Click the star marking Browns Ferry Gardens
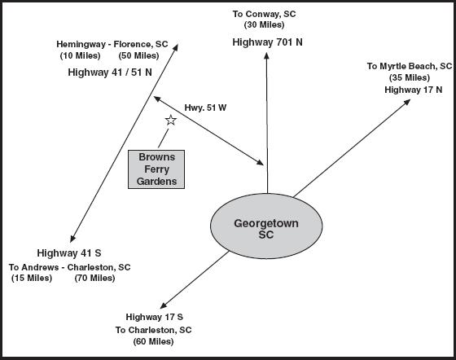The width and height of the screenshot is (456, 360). (x=171, y=120)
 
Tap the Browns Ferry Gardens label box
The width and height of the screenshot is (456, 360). (x=156, y=169)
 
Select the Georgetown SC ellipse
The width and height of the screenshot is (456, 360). (x=266, y=226)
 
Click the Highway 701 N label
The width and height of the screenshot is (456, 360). (x=267, y=42)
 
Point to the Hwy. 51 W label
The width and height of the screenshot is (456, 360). (x=205, y=108)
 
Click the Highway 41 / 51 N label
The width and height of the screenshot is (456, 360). (x=110, y=72)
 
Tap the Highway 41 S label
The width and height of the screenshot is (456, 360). (x=69, y=253)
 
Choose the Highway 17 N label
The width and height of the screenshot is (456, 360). (x=414, y=90)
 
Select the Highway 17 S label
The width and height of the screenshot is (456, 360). (x=155, y=317)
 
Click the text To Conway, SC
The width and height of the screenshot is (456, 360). (x=264, y=14)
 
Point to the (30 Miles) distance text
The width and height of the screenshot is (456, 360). (x=264, y=25)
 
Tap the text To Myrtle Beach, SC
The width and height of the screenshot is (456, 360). (x=410, y=66)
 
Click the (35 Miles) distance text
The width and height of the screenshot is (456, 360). (x=410, y=77)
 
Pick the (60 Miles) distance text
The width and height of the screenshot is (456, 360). (x=154, y=341)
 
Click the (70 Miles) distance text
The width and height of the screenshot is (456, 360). (x=94, y=278)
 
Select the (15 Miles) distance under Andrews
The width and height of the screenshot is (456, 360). (x=32, y=278)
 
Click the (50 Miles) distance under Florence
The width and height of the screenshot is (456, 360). (x=138, y=55)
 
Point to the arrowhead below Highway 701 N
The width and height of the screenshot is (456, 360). (x=266, y=56)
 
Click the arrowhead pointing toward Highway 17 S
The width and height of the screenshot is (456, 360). (x=163, y=305)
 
